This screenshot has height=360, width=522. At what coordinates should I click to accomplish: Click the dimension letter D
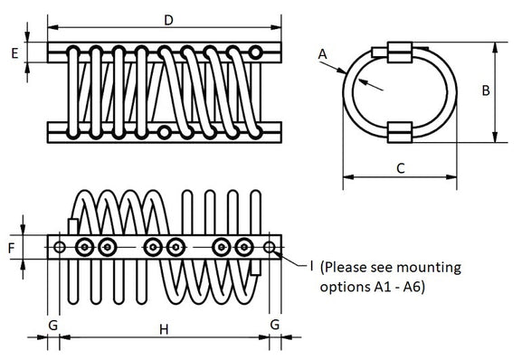click(169, 20)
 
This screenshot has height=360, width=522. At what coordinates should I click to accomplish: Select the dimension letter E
click(14, 53)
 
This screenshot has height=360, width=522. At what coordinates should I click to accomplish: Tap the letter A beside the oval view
click(322, 54)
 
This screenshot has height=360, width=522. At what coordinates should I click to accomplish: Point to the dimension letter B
click(486, 90)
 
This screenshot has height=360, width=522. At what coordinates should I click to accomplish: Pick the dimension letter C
click(401, 168)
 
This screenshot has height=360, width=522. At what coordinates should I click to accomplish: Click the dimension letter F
click(12, 248)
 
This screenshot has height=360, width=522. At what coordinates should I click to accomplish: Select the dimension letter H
click(164, 330)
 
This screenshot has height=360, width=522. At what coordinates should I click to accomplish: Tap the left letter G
click(53, 325)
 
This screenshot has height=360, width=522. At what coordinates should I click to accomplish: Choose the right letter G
click(275, 325)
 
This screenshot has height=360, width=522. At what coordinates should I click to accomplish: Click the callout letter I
click(311, 266)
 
